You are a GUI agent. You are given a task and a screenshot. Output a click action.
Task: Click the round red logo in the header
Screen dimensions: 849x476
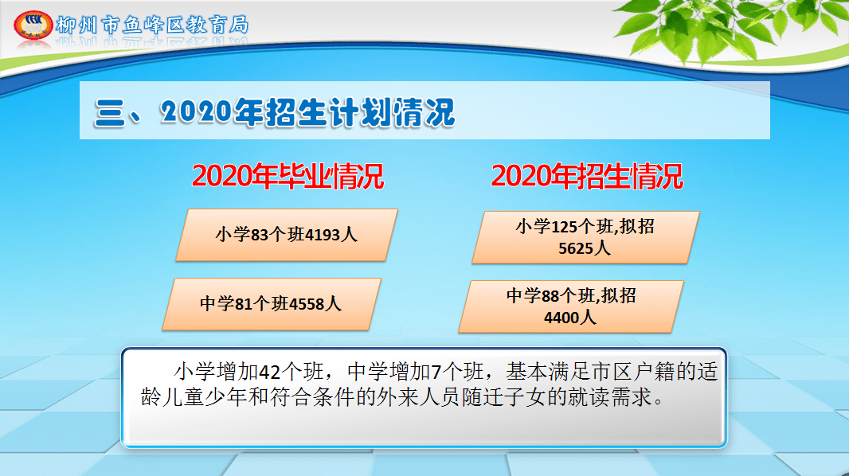pos(33,25)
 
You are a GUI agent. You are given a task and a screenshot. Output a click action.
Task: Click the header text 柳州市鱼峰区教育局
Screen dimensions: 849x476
pos(153,25)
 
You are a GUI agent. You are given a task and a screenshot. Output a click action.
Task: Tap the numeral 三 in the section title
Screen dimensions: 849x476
pos(110,113)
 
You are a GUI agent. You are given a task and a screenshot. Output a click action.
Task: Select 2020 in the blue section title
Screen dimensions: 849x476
pos(197,112)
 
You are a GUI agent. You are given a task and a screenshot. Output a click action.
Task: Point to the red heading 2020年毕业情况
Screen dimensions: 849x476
pos(288,177)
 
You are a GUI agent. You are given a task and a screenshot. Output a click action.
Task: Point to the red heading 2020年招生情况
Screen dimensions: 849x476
pos(587,177)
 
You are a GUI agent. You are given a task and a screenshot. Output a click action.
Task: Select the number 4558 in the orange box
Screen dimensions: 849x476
pos(307,304)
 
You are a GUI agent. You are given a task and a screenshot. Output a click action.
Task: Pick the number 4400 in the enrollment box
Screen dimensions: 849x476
pos(561,318)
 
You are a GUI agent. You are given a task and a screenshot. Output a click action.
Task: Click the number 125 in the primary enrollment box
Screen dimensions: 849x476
pos(564,227)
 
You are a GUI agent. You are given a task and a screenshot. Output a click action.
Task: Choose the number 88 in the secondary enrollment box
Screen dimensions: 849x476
pos(550,296)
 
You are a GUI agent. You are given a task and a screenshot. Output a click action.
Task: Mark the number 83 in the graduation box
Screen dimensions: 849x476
pos(260,235)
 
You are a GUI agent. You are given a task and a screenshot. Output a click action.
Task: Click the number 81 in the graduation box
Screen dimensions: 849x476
pos(245,304)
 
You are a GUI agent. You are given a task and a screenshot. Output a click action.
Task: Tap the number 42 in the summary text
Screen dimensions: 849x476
pos(270,373)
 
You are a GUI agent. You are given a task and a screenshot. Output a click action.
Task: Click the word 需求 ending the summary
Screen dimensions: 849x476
pos(632,397)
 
